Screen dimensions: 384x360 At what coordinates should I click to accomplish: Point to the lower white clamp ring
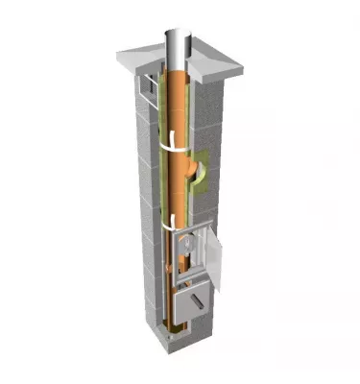point(170,227)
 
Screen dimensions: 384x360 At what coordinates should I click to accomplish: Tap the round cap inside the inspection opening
point(190,252)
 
